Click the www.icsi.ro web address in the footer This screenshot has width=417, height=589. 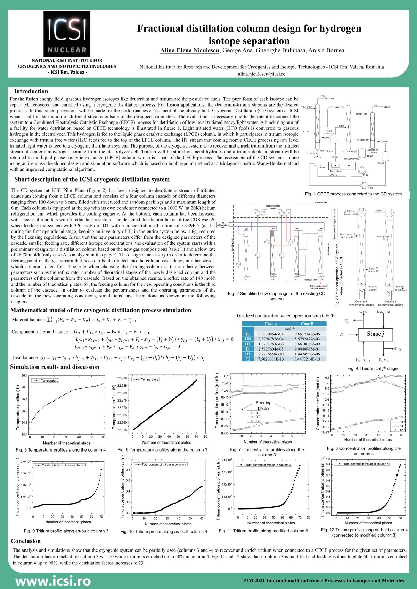[x=53, y=580]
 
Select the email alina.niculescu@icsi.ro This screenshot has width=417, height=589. [x=261, y=74]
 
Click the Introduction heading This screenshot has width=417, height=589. [x=31, y=91]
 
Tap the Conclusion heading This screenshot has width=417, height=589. [x=26, y=541]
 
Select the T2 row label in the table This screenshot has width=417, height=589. [x=248, y=359]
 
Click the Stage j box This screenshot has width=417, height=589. [x=375, y=334]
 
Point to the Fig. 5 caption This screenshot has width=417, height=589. [x=61, y=450]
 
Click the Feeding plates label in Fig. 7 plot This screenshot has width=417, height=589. [x=263, y=405]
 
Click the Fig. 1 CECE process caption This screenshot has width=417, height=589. [x=353, y=194]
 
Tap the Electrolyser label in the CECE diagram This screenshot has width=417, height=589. [x=336, y=171]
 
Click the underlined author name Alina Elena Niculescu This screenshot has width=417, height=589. [x=190, y=51]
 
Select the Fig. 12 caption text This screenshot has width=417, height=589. [x=364, y=532]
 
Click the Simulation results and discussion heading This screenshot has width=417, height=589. [x=55, y=367]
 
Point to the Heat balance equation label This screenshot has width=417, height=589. [x=25, y=357]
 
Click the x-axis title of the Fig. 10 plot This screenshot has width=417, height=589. [x=168, y=524]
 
